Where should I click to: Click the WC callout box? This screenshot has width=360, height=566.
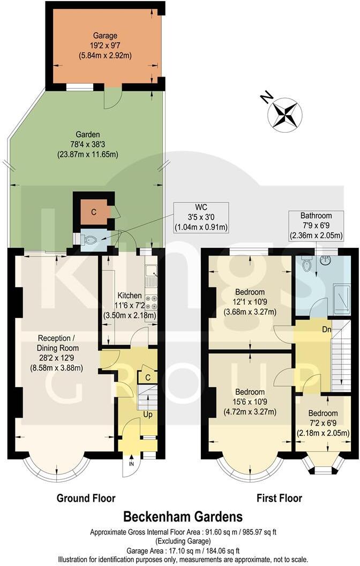(200, 217)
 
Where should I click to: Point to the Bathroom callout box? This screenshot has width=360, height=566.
(316, 225)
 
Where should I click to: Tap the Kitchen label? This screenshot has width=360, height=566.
(130, 305)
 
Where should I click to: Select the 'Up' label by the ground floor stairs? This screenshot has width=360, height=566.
(147, 414)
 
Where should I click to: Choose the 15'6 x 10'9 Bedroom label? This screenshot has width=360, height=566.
(250, 402)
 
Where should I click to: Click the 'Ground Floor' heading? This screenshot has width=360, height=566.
(86, 499)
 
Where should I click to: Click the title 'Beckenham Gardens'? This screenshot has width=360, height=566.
(183, 517)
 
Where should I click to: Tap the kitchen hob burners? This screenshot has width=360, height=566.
(151, 302)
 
